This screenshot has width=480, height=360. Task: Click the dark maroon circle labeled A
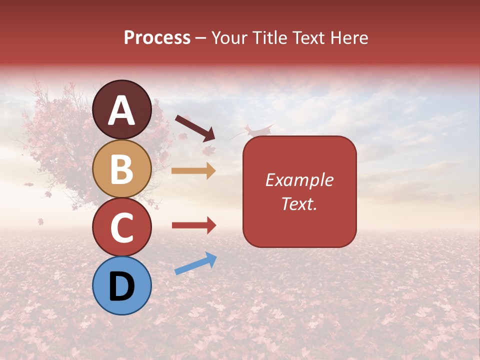pos(122,109)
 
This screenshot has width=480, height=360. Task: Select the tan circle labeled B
pos(122,168)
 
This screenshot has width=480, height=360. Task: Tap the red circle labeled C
pos(122,227)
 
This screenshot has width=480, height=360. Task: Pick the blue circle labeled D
pos(122,285)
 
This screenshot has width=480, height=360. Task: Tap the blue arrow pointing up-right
pos(195,263)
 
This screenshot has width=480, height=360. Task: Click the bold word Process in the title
pos(157,38)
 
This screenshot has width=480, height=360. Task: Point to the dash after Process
pos(201,39)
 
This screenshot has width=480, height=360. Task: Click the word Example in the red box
pos(299,180)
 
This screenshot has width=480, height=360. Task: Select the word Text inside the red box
pos(297,203)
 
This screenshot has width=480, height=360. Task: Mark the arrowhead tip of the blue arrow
pos(216,255)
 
